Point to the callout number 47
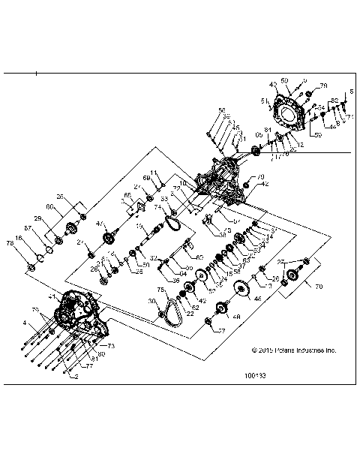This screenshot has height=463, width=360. [100, 224]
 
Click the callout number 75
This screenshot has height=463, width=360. [160, 288]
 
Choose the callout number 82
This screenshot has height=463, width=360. [334, 100]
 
